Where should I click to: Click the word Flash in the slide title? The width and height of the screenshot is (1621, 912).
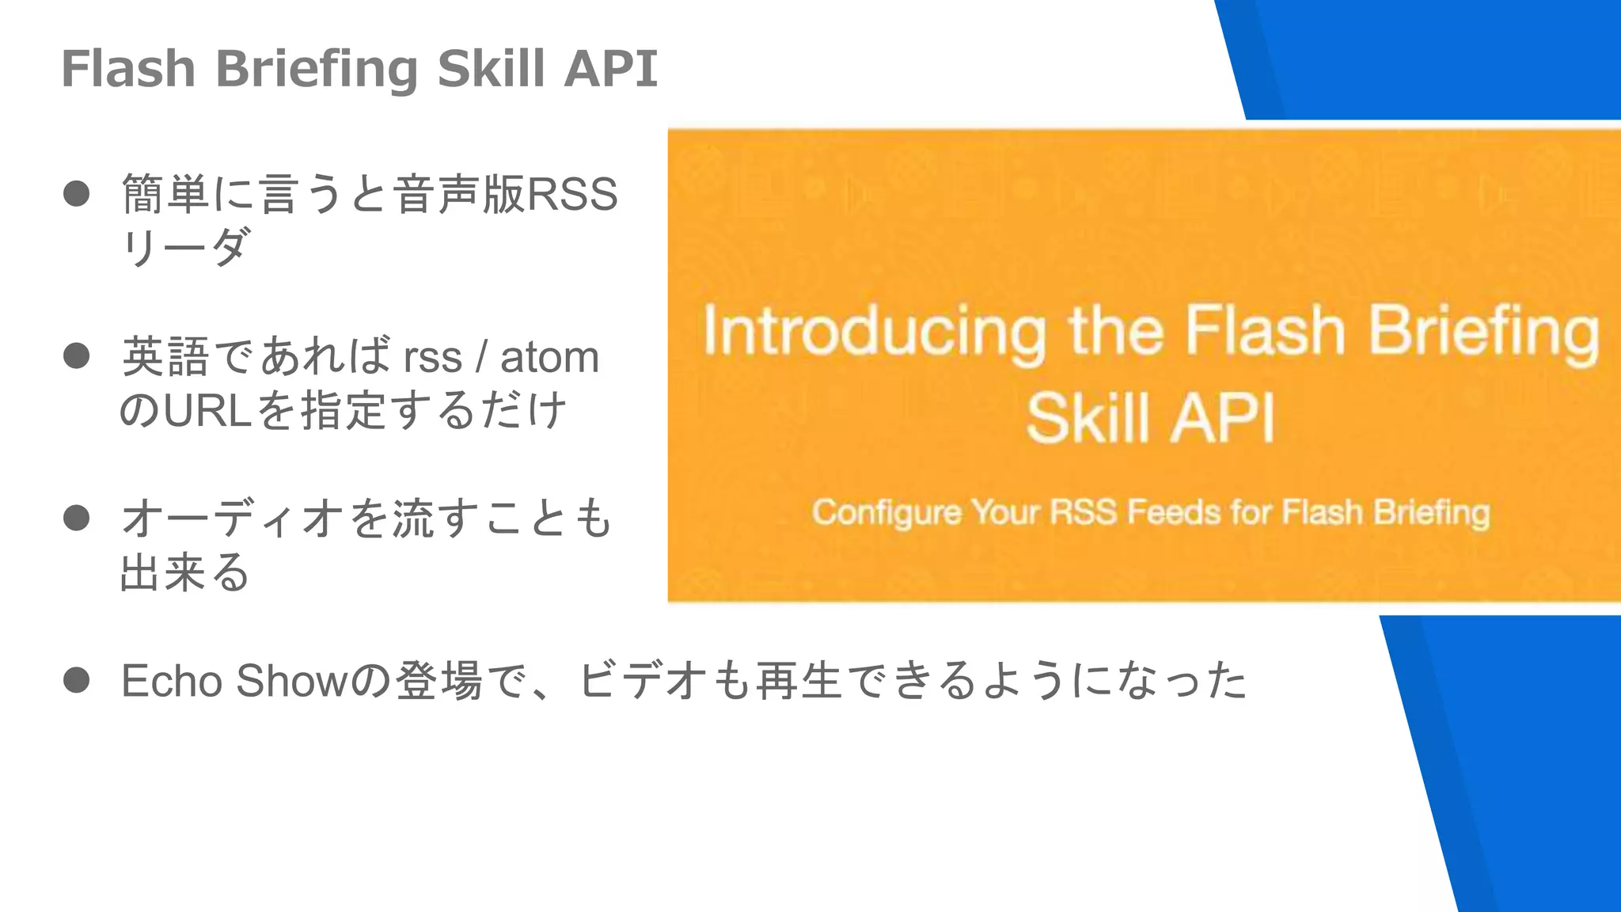[x=128, y=68]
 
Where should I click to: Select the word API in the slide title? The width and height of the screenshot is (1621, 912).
[x=610, y=68]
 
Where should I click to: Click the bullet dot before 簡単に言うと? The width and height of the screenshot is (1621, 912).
[x=76, y=194]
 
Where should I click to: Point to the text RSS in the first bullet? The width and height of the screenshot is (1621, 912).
[x=571, y=195]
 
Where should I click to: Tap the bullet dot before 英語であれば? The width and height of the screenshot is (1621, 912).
[x=76, y=356]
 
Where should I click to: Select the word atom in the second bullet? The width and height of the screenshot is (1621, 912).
[x=549, y=357]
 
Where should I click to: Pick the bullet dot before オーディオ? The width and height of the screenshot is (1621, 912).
[x=76, y=519]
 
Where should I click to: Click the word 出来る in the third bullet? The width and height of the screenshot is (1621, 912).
[x=184, y=572]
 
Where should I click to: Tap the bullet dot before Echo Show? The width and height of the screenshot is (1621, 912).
[x=76, y=680]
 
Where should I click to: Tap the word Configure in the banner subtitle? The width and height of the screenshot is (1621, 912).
[x=886, y=513]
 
